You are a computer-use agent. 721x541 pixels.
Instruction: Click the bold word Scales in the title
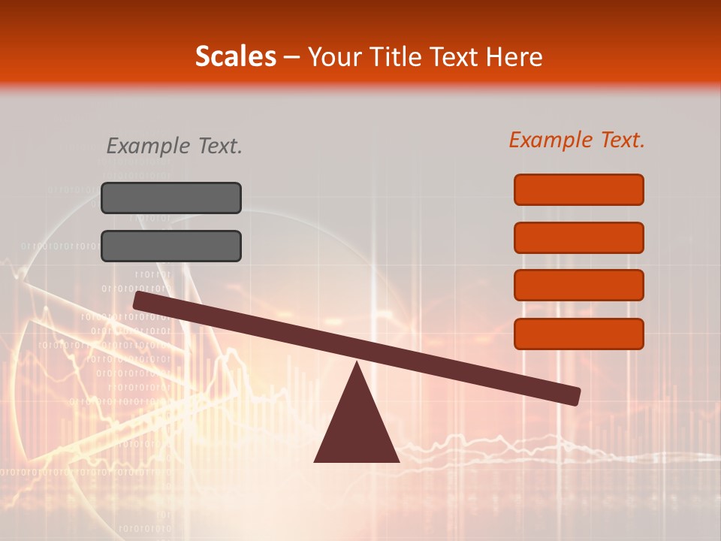236,56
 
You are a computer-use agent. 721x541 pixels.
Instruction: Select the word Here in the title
514,56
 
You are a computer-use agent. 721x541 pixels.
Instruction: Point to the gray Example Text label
174,146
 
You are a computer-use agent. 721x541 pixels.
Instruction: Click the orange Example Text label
577,140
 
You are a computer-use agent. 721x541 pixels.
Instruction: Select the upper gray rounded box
171,198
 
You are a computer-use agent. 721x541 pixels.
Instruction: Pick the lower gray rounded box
171,246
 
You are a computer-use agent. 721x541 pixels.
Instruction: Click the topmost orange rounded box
579,189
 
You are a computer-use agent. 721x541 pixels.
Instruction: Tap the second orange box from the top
579,237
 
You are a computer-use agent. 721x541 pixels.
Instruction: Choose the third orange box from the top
579,286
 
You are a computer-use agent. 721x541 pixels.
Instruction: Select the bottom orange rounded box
579,334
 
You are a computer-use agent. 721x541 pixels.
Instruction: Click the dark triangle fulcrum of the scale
357,428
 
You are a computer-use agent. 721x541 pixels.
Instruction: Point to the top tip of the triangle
357,363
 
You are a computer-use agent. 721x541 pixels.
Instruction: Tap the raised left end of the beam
140,301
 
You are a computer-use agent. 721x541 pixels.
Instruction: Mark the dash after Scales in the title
292,57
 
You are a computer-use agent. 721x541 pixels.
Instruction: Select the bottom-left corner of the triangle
315,461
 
